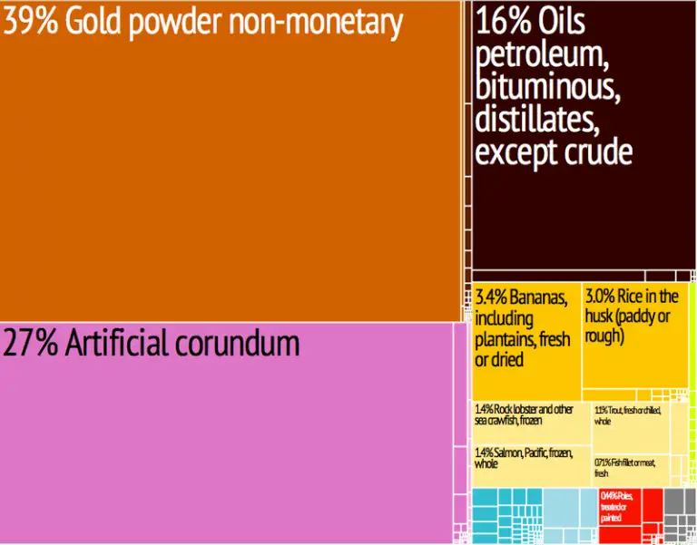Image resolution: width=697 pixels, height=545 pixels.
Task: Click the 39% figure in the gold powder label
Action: [30, 24]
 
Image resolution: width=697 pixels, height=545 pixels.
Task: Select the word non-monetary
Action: [317, 24]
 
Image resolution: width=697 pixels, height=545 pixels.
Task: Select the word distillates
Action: [535, 120]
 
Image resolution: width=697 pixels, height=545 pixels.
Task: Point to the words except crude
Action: [553, 151]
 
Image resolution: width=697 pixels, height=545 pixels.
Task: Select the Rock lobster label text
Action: [525, 414]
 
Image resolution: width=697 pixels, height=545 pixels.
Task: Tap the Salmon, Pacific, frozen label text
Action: [523, 458]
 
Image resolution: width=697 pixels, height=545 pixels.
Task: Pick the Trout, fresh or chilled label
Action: [628, 414]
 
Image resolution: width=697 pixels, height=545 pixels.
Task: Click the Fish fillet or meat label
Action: [625, 467]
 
